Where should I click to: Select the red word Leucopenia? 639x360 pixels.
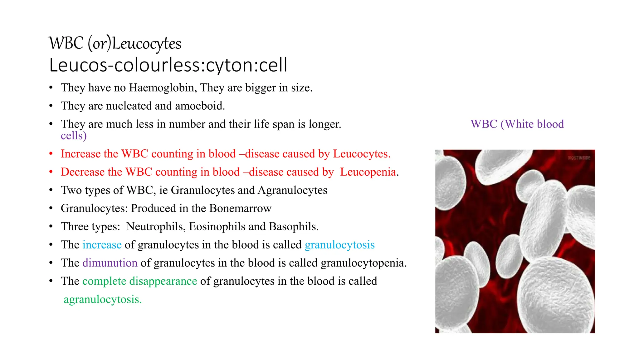pos(368,172)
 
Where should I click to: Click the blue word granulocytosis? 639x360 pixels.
pos(339,245)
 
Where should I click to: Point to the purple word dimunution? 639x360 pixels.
pos(110,263)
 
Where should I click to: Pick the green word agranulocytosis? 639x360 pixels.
pos(103,299)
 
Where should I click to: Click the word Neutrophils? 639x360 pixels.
pos(154,227)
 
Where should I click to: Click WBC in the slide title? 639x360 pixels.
pos(66,43)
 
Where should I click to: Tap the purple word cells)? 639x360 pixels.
pos(74,136)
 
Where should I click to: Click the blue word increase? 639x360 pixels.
pos(102,245)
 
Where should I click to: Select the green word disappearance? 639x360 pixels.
pos(163,281)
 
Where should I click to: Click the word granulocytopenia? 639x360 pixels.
pos(363,263)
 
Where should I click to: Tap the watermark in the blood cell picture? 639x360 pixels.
pos(579,158)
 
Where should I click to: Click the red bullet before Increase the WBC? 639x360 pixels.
pos(51,154)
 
